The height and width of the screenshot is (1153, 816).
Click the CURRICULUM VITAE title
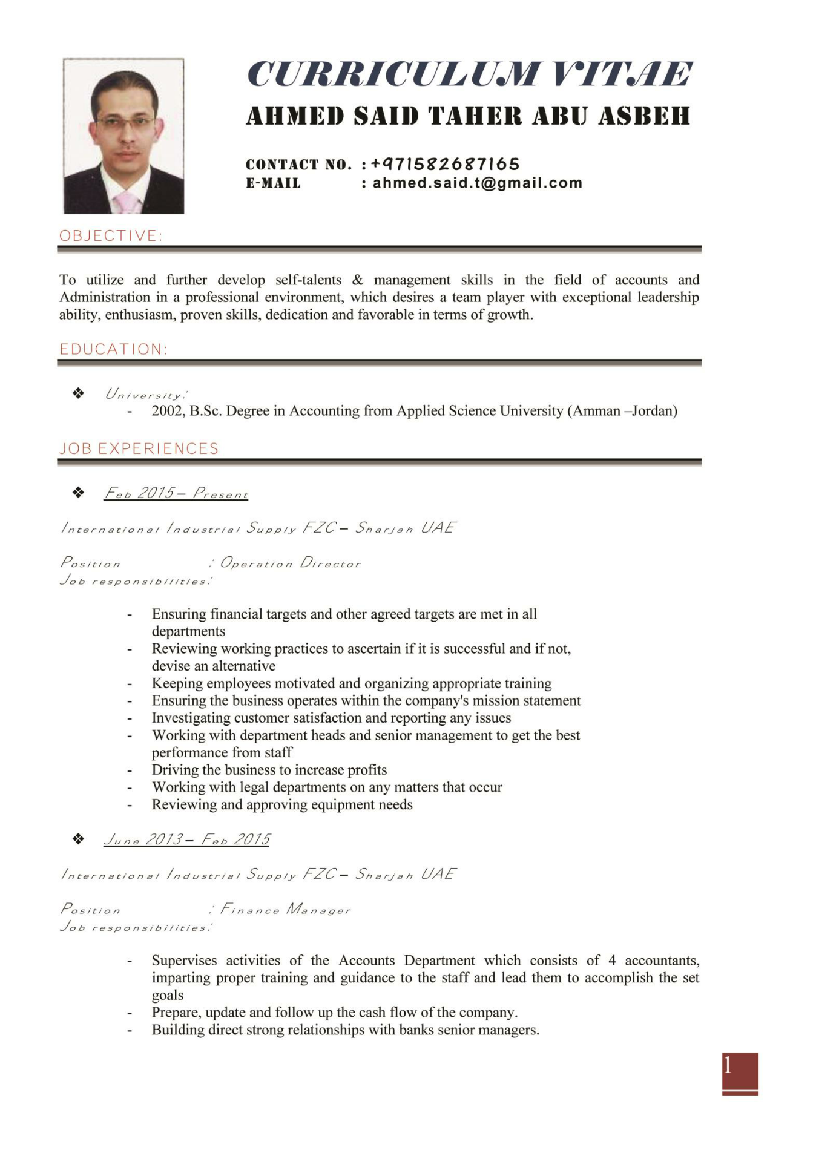[x=469, y=74]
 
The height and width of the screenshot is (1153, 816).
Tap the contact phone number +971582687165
[x=445, y=164]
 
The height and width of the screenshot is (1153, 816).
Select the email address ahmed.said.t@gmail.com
[x=477, y=183]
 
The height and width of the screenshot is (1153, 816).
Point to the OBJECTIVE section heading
[x=111, y=235]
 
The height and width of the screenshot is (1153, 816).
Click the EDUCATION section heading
[x=113, y=349]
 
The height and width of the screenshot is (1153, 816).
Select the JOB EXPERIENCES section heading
[x=139, y=448]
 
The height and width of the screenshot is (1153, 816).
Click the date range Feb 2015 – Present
[x=176, y=493]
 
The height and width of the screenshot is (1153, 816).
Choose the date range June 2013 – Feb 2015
[x=186, y=839]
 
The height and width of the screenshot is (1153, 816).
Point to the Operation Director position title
[x=291, y=563]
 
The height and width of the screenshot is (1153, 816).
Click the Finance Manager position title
[x=286, y=909]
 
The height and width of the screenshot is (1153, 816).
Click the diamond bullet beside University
[x=78, y=393]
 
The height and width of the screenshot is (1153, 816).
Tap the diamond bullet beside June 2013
[x=78, y=839]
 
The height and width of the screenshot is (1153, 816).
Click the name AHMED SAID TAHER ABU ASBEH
[x=468, y=116]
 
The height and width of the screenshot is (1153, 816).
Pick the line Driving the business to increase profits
[x=269, y=770]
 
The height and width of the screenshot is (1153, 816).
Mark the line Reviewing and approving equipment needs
[x=282, y=804]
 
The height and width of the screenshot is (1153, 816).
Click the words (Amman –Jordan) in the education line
[x=622, y=411]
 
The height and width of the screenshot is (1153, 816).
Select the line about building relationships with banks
[x=345, y=1030]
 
